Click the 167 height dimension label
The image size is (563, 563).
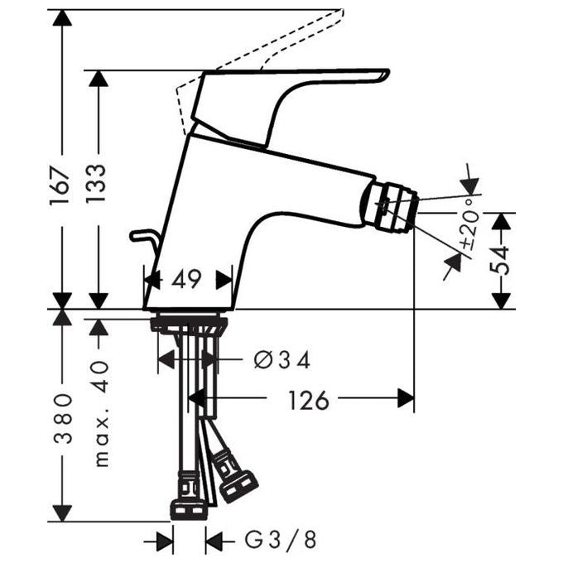pos(59,185)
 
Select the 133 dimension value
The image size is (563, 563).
pos(96,183)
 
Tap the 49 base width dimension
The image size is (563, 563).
pos(186,279)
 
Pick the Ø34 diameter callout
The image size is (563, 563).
pos(281,359)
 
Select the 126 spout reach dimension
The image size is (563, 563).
pos(309,400)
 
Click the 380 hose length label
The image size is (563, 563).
pos(63,419)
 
